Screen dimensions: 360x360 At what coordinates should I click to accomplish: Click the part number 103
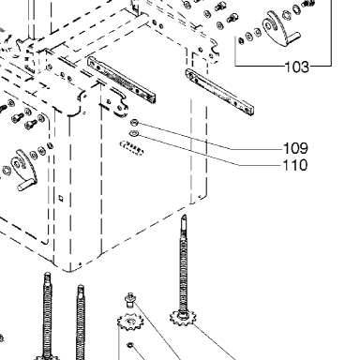click(x=296, y=67)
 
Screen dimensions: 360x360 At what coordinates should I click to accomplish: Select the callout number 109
click(x=295, y=148)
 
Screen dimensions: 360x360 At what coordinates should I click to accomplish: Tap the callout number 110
click(x=295, y=165)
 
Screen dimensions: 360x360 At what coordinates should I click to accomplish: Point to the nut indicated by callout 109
click(x=133, y=123)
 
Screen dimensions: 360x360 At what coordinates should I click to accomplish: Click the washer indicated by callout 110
click(x=133, y=134)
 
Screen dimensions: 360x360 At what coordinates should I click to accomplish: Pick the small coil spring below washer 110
click(x=132, y=147)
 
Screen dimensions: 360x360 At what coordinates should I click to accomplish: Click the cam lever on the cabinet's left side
click(x=22, y=170)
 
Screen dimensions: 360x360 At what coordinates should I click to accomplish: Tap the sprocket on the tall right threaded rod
click(x=182, y=318)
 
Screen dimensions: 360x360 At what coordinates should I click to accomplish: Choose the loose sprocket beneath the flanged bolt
click(x=130, y=322)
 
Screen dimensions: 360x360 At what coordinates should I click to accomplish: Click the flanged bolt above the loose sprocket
click(x=130, y=300)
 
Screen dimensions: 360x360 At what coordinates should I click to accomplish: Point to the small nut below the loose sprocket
click(x=130, y=345)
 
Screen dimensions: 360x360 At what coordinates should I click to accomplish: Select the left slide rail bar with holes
click(x=122, y=80)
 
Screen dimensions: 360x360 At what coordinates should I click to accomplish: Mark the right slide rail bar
click(x=219, y=92)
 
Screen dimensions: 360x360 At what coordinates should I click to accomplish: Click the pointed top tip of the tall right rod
click(x=185, y=215)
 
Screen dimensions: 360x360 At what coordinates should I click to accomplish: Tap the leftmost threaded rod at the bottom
click(x=47, y=316)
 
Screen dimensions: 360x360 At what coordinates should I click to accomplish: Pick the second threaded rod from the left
click(x=81, y=322)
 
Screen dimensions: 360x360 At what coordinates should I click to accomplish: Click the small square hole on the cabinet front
click(x=61, y=198)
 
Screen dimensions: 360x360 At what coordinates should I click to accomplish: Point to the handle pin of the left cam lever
click(x=26, y=184)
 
